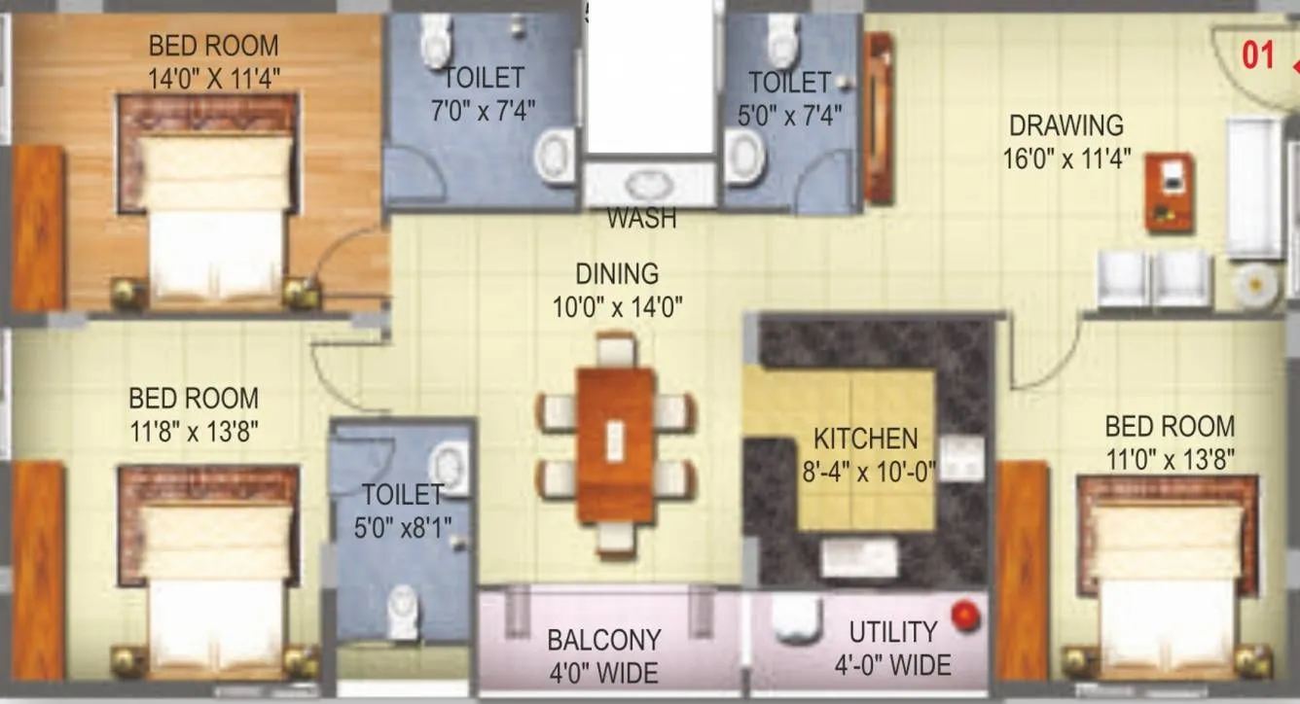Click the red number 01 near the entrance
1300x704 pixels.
point(1258,55)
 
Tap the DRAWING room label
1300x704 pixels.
point(1065,125)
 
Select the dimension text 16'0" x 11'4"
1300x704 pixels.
point(1066,158)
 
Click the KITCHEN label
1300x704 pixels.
point(865,439)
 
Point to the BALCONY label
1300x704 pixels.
point(603,640)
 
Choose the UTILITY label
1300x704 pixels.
point(892,633)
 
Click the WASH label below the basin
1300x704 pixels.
point(641,219)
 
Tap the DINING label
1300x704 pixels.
point(617,274)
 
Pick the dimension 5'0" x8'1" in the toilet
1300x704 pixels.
point(401,528)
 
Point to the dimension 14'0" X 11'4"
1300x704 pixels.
point(214,78)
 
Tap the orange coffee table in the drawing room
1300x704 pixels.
point(1170,192)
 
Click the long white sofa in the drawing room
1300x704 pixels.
point(1253,187)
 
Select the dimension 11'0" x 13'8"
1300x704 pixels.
point(1170,459)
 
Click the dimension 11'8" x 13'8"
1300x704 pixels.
point(194,430)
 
